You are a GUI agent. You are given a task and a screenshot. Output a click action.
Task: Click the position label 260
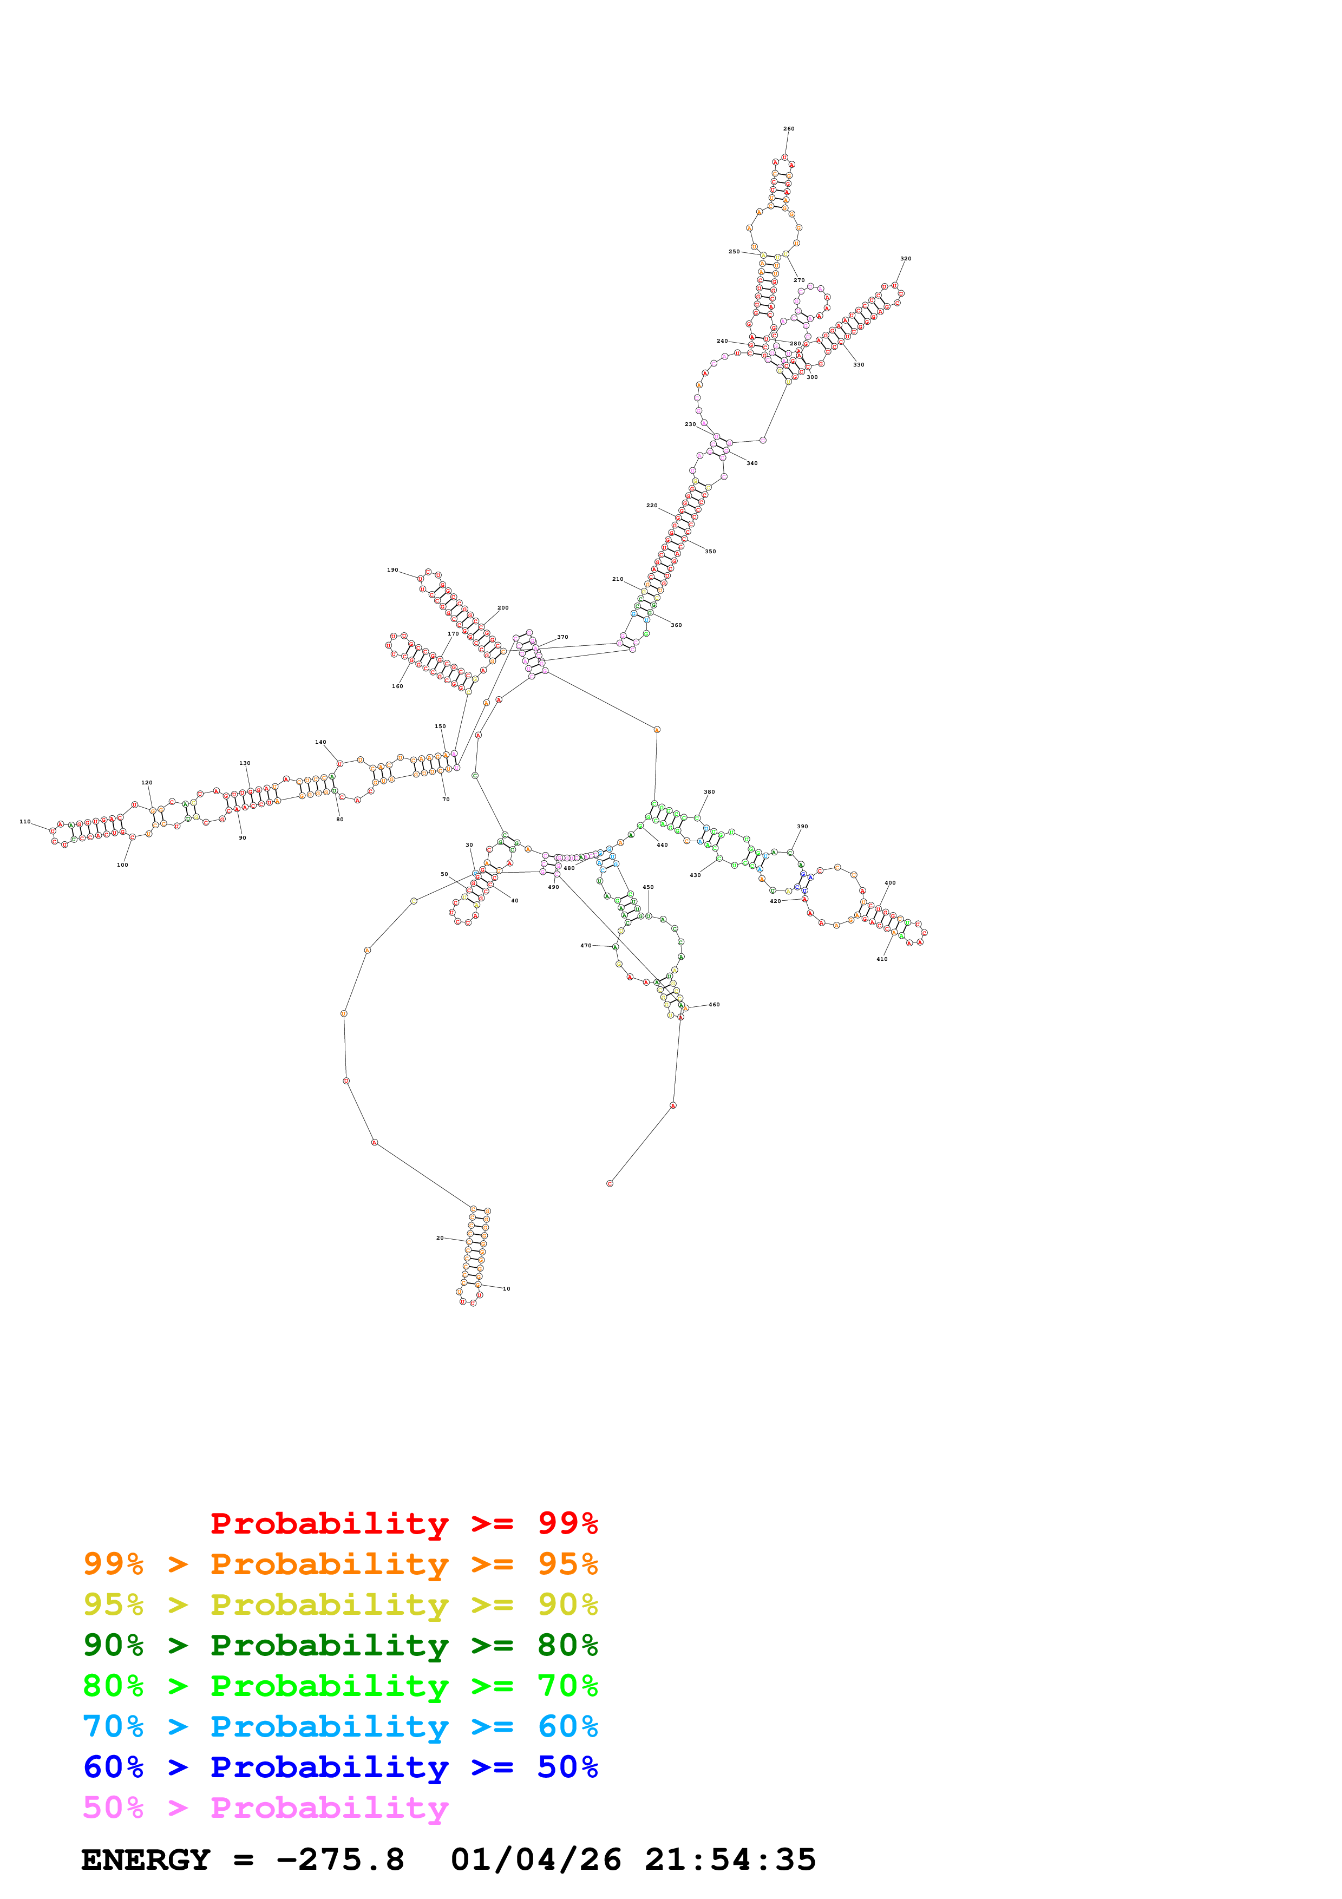pyautogui.click(x=788, y=129)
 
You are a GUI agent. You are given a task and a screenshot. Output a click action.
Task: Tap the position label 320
pyautogui.click(x=906, y=259)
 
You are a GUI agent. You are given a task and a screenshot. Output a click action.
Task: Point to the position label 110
pyautogui.click(x=25, y=822)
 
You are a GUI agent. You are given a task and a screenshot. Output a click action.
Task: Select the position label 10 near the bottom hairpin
pyautogui.click(x=506, y=1288)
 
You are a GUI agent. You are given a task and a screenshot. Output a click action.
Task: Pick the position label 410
pyautogui.click(x=881, y=959)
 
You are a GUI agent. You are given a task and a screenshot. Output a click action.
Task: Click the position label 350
pyautogui.click(x=710, y=552)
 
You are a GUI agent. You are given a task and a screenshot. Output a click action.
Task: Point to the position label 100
pyautogui.click(x=122, y=865)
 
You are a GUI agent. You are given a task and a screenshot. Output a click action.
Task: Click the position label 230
pyautogui.click(x=690, y=424)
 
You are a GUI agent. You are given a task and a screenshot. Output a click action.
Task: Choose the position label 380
pyautogui.click(x=709, y=793)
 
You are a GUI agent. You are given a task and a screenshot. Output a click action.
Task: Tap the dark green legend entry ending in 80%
pyautogui.click(x=340, y=1645)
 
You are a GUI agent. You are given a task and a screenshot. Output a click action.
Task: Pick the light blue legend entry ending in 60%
pyautogui.click(x=340, y=1726)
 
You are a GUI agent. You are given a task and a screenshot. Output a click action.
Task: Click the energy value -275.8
pyautogui.click(x=340, y=1859)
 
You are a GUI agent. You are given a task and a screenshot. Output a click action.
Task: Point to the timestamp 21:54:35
pyautogui.click(x=730, y=1859)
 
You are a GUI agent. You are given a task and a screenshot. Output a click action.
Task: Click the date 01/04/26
pyautogui.click(x=536, y=1859)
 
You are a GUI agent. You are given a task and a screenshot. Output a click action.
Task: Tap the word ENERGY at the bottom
pyautogui.click(x=146, y=1859)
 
